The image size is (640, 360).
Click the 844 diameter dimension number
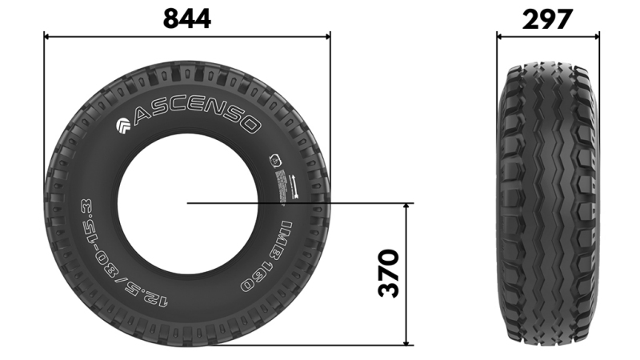tap(186, 18)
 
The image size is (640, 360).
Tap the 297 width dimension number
tap(548, 18)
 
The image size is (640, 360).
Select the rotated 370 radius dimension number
tap(389, 274)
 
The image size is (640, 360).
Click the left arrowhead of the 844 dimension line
tap(46, 36)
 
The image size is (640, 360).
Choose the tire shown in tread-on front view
tap(548, 203)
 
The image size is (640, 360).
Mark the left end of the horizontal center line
tap(189, 203)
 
